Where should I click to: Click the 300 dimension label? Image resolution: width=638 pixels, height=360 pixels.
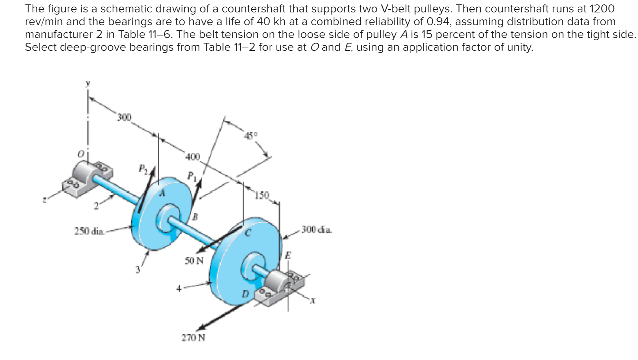coord(124,117)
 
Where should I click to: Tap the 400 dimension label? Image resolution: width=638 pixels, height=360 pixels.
coord(193,157)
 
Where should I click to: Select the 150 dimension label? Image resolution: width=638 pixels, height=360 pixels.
coord(262,195)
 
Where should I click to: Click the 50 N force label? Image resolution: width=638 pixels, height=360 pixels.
coord(194,261)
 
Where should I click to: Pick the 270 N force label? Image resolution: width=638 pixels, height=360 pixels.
coord(194,338)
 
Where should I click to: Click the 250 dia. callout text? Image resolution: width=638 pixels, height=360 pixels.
coord(89,231)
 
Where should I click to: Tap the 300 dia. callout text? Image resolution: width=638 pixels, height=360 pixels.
coord(317,230)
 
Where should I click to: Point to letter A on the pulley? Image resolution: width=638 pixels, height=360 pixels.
coord(162,193)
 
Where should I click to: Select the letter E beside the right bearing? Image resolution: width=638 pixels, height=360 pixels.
coord(288,255)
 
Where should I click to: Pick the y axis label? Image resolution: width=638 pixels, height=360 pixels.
coord(87,83)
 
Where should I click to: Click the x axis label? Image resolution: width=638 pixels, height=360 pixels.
coord(312,301)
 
